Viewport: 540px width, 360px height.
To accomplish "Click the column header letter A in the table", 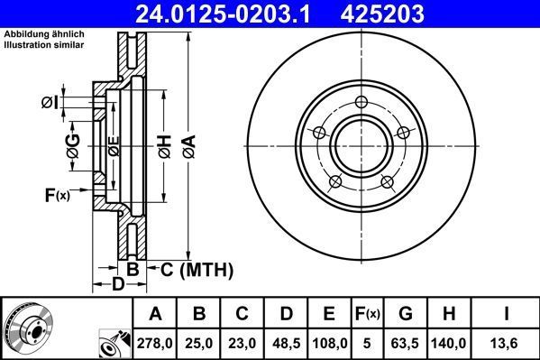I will click(x=156, y=314).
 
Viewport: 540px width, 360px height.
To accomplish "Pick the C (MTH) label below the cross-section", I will click(x=196, y=269).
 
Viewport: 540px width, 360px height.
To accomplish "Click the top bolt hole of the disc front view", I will click(x=361, y=101).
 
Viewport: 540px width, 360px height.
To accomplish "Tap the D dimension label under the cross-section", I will click(x=118, y=285).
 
